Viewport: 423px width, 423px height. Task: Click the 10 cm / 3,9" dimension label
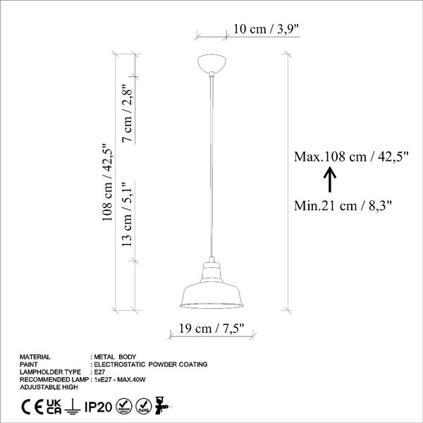266,29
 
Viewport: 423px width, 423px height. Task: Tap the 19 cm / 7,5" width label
211,329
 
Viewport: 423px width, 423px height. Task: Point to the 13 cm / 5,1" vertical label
127,214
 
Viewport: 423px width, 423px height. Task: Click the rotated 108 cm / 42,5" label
107,183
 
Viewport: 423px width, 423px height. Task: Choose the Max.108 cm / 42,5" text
351,157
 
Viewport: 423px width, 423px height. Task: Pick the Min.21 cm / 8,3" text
343,206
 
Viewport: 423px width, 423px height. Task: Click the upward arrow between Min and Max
330,180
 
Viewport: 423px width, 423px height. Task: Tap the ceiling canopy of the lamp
211,63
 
